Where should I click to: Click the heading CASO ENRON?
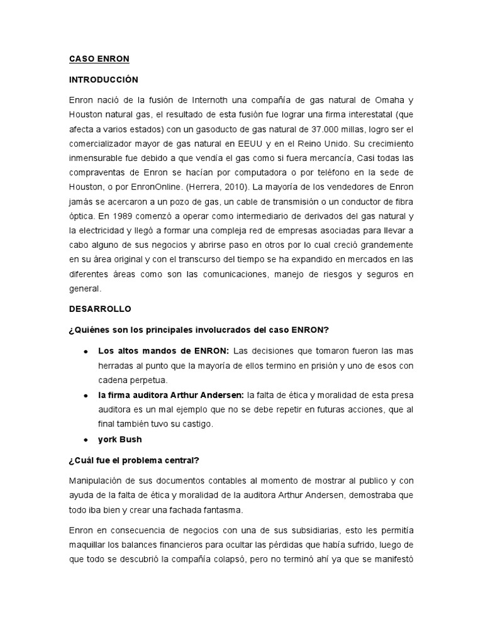[99, 59]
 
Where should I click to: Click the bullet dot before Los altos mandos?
[85, 350]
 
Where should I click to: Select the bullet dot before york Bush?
[85, 440]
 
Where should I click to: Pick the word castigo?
[199, 423]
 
